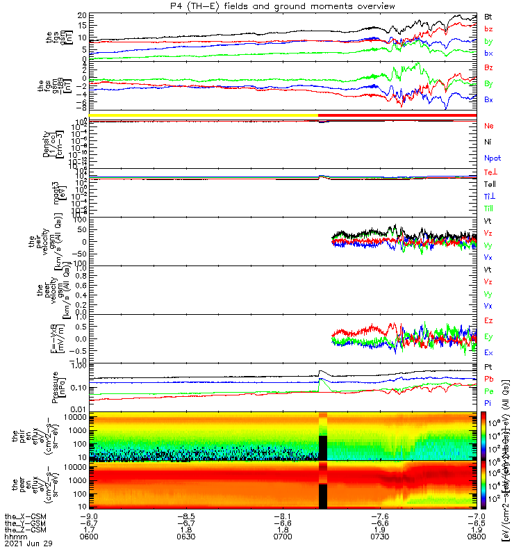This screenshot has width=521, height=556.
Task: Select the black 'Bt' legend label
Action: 490,17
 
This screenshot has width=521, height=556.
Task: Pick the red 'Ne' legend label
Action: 489,126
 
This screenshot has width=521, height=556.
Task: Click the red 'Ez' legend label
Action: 489,320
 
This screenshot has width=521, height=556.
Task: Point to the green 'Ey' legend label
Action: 489,337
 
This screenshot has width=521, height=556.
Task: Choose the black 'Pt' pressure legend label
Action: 488,366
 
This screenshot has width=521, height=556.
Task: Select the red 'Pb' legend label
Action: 489,379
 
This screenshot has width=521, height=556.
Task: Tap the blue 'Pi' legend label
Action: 488,404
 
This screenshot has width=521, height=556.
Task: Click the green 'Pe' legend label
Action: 489,391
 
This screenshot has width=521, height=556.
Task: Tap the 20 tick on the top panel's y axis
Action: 81,15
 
